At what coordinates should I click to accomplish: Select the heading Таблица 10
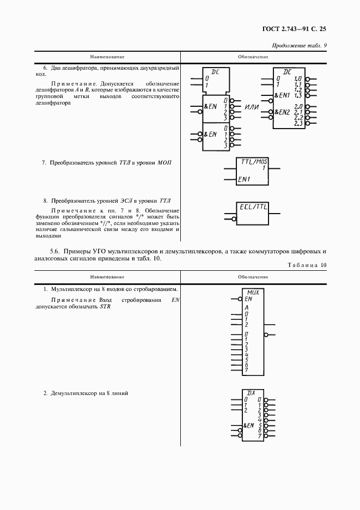click(x=306, y=265)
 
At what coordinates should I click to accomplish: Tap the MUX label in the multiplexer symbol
click(x=253, y=292)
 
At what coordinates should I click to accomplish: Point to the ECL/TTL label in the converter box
click(x=254, y=207)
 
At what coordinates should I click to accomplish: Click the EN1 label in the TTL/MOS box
click(x=243, y=179)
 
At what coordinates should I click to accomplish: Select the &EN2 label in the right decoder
click(x=282, y=112)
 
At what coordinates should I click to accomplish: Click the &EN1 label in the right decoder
click(x=282, y=95)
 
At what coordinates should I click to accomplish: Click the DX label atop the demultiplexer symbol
click(x=252, y=392)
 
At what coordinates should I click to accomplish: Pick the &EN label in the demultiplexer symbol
click(x=249, y=425)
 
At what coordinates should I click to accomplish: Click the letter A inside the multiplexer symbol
click(x=246, y=308)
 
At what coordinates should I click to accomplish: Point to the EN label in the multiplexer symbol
click(x=248, y=299)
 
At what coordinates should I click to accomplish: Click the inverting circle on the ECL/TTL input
click(x=234, y=220)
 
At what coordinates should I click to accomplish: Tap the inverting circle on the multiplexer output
click(x=266, y=335)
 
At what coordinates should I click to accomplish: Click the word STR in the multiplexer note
click(x=105, y=307)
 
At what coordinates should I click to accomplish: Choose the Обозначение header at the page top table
click(x=253, y=57)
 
